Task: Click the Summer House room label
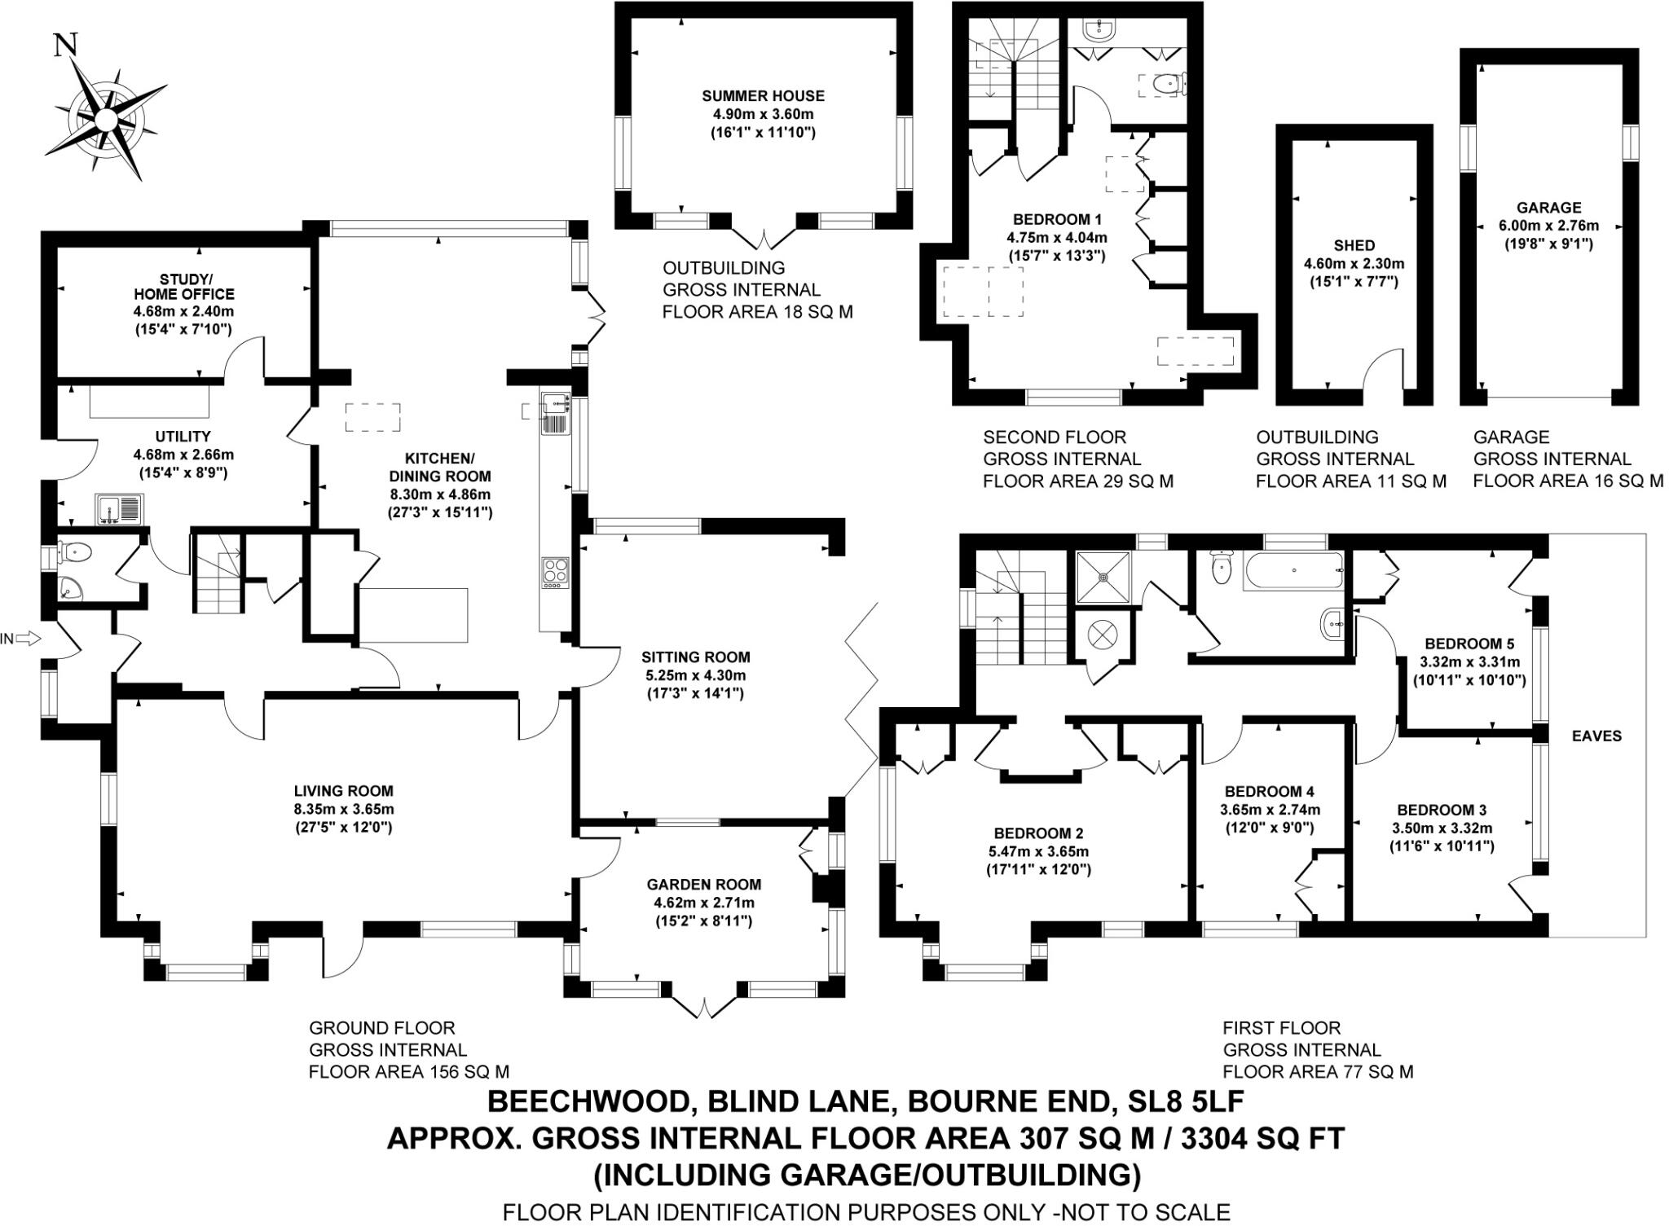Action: coord(764,95)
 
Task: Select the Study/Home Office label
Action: coord(184,286)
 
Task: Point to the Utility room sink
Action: coord(118,509)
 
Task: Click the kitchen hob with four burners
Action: coord(557,572)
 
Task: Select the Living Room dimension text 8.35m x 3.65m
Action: coord(345,810)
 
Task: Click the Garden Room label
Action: coord(704,884)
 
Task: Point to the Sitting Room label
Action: coord(696,657)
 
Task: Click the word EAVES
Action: coord(1596,736)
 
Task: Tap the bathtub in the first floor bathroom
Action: coord(1293,571)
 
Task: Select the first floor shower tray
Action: coord(1103,578)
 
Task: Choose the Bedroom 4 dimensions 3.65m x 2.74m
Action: coord(1270,810)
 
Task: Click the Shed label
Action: coord(1354,245)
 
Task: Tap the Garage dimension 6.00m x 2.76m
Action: coord(1549,226)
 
